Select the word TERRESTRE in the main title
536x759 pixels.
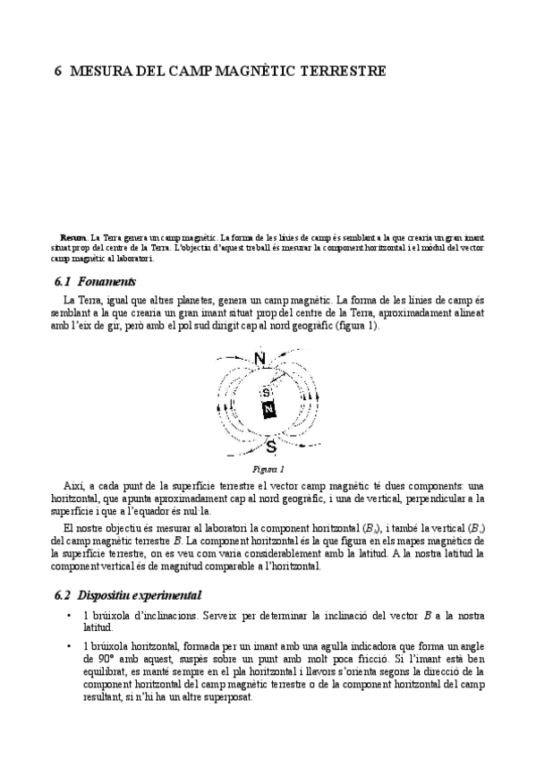(344, 71)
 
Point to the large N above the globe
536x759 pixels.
(260, 360)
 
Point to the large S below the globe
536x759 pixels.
(270, 446)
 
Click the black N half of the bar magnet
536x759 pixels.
(269, 410)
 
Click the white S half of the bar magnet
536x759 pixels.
(266, 393)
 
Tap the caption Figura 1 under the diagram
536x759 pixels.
(268, 468)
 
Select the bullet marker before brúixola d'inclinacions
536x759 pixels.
(69, 617)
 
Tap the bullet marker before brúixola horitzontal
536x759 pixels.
(69, 645)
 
